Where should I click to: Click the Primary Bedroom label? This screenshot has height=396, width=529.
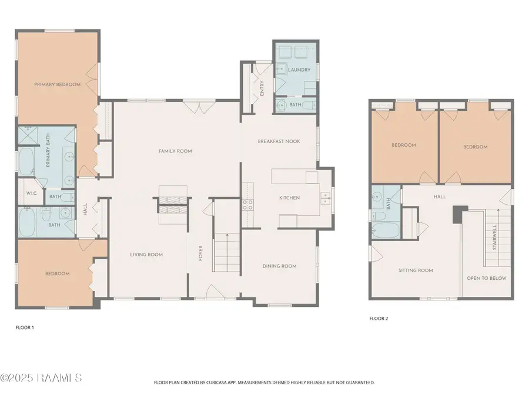58,84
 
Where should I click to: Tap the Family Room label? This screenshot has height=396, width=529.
175,151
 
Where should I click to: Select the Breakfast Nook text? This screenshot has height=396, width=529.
279,141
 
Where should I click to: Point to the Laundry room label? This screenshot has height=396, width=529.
299,70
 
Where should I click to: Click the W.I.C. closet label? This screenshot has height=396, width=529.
32,193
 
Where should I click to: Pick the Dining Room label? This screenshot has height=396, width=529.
280,266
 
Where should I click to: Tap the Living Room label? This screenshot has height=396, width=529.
146,255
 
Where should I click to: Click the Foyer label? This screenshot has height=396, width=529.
200,253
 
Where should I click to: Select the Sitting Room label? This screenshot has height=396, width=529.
416,270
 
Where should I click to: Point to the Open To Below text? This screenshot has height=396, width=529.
487,278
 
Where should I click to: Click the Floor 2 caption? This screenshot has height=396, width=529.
379,319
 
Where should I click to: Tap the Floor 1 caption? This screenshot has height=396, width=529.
25,327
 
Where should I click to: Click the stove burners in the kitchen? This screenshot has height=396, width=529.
247,205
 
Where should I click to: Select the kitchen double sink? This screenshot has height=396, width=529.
325,198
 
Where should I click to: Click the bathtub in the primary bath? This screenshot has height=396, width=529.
26,162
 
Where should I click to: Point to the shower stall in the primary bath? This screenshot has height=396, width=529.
28,136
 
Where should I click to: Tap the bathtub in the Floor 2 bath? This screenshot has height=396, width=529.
386,230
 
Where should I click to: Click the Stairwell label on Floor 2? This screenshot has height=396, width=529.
494,238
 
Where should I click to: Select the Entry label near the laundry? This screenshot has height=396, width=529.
262,88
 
